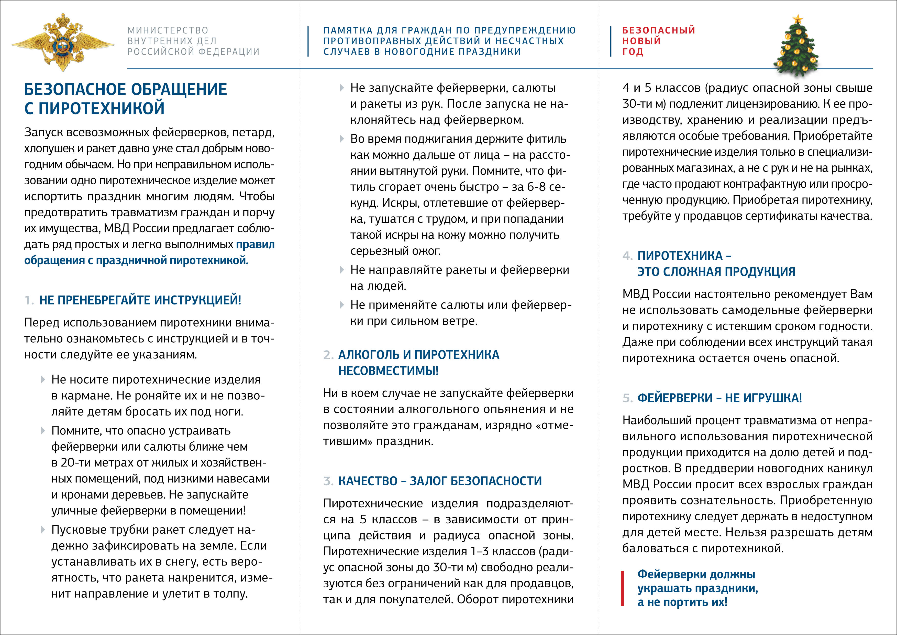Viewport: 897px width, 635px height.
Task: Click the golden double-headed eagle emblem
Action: coord(62,42)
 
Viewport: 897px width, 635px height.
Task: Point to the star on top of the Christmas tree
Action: coord(798,19)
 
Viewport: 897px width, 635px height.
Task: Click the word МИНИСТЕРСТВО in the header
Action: coord(168,30)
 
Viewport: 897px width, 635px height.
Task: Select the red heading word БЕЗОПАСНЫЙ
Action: coord(659,30)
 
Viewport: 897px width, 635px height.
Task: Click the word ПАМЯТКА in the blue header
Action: coord(348,30)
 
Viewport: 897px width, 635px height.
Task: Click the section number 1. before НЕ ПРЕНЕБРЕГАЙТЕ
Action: coord(29,300)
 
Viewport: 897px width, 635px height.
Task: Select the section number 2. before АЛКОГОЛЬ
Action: coord(328,355)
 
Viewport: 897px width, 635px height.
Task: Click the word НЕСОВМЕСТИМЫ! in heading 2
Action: coord(388,371)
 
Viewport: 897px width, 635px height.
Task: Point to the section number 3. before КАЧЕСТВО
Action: coord(328,481)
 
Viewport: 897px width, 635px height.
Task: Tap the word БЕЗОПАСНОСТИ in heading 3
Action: coord(496,481)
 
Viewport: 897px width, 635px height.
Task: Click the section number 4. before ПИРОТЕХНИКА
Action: coord(627,256)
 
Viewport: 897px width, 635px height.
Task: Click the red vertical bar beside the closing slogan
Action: coord(623,588)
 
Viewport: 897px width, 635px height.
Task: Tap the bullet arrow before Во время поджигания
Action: coord(342,139)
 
